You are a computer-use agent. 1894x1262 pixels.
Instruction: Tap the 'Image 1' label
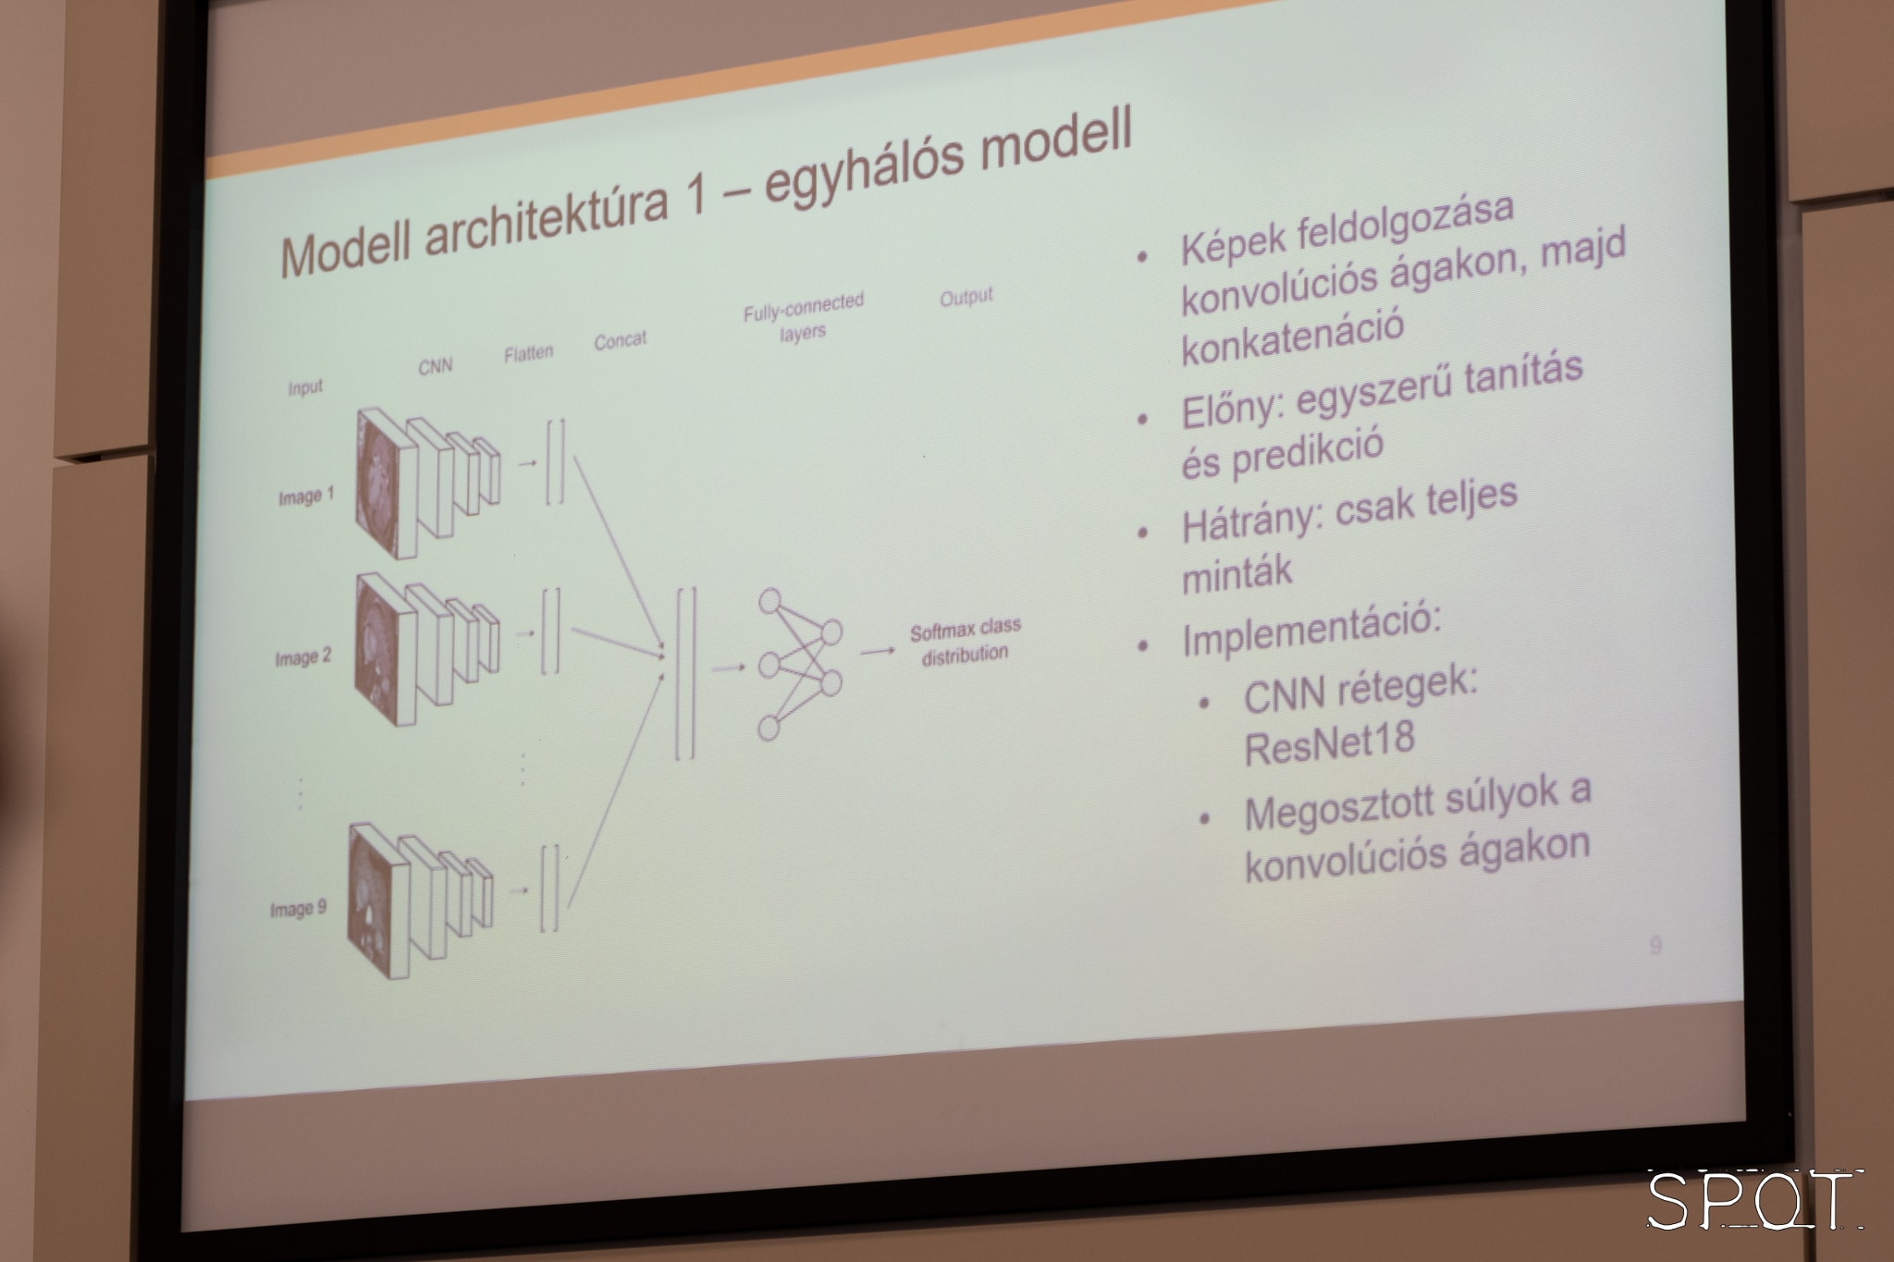coord(306,497)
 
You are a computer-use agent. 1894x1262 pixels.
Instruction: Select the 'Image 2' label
coord(302,658)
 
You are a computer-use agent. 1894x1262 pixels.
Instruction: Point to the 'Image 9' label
coord(298,909)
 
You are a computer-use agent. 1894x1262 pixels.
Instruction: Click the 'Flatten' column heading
coord(529,353)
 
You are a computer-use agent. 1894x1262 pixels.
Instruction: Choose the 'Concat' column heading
coord(620,340)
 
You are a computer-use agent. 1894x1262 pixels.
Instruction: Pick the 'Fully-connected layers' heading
coord(804,317)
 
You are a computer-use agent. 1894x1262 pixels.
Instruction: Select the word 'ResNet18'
coord(1330,743)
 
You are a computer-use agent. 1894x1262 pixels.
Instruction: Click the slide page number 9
coord(1655,945)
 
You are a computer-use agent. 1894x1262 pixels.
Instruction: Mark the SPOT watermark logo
coord(1754,1200)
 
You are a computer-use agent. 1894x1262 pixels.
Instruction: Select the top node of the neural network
coord(769,602)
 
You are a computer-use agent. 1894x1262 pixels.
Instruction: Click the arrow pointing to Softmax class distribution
coord(878,652)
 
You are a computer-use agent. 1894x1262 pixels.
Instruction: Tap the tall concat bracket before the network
coord(685,673)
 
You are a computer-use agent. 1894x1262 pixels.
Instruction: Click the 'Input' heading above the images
coord(305,387)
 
